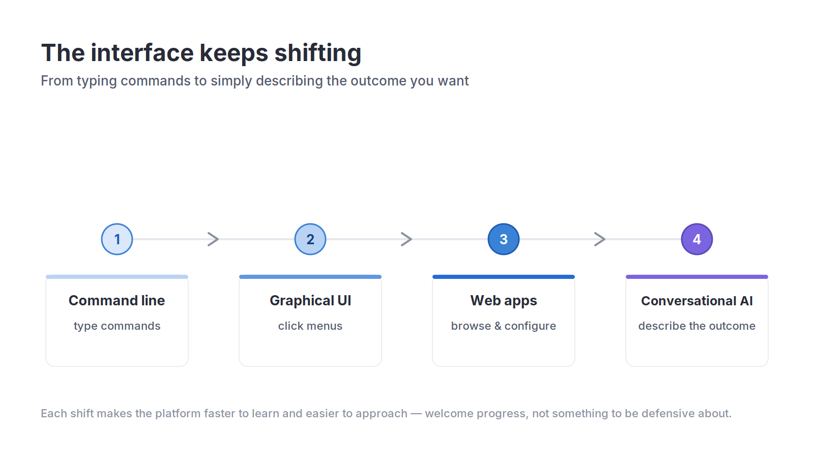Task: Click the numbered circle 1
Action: [117, 239]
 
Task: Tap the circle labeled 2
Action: [310, 239]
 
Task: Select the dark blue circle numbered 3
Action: [504, 239]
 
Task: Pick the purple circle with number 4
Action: [697, 239]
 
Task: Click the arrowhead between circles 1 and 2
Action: [213, 239]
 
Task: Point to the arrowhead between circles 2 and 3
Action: [406, 239]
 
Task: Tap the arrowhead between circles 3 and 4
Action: [600, 239]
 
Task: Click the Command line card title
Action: [117, 301]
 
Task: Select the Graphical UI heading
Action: [310, 301]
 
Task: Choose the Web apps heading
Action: [504, 301]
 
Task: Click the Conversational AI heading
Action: [697, 301]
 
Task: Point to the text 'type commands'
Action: [117, 326]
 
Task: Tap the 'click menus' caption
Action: [310, 326]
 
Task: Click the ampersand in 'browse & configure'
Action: [498, 326]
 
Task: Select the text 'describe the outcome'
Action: [697, 326]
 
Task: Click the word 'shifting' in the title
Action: [318, 53]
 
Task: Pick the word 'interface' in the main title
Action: [142, 53]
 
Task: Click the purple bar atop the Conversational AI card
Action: [697, 277]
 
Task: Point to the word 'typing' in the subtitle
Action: [97, 81]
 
